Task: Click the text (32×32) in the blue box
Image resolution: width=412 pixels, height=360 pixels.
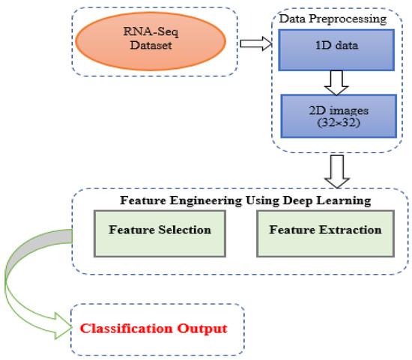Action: point(330,125)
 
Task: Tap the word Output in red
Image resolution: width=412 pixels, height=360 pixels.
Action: point(203,328)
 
